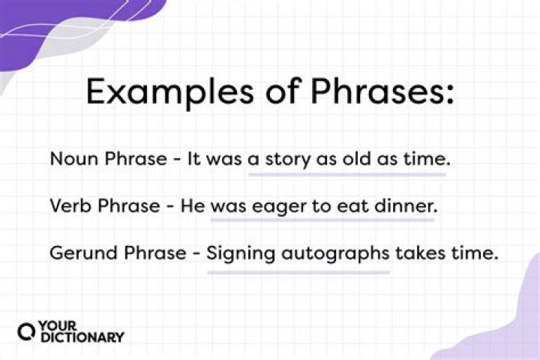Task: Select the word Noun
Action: (68, 159)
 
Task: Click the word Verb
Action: (67, 206)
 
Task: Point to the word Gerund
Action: (76, 253)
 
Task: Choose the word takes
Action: (420, 253)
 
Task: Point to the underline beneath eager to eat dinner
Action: (322, 221)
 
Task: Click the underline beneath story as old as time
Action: (347, 175)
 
